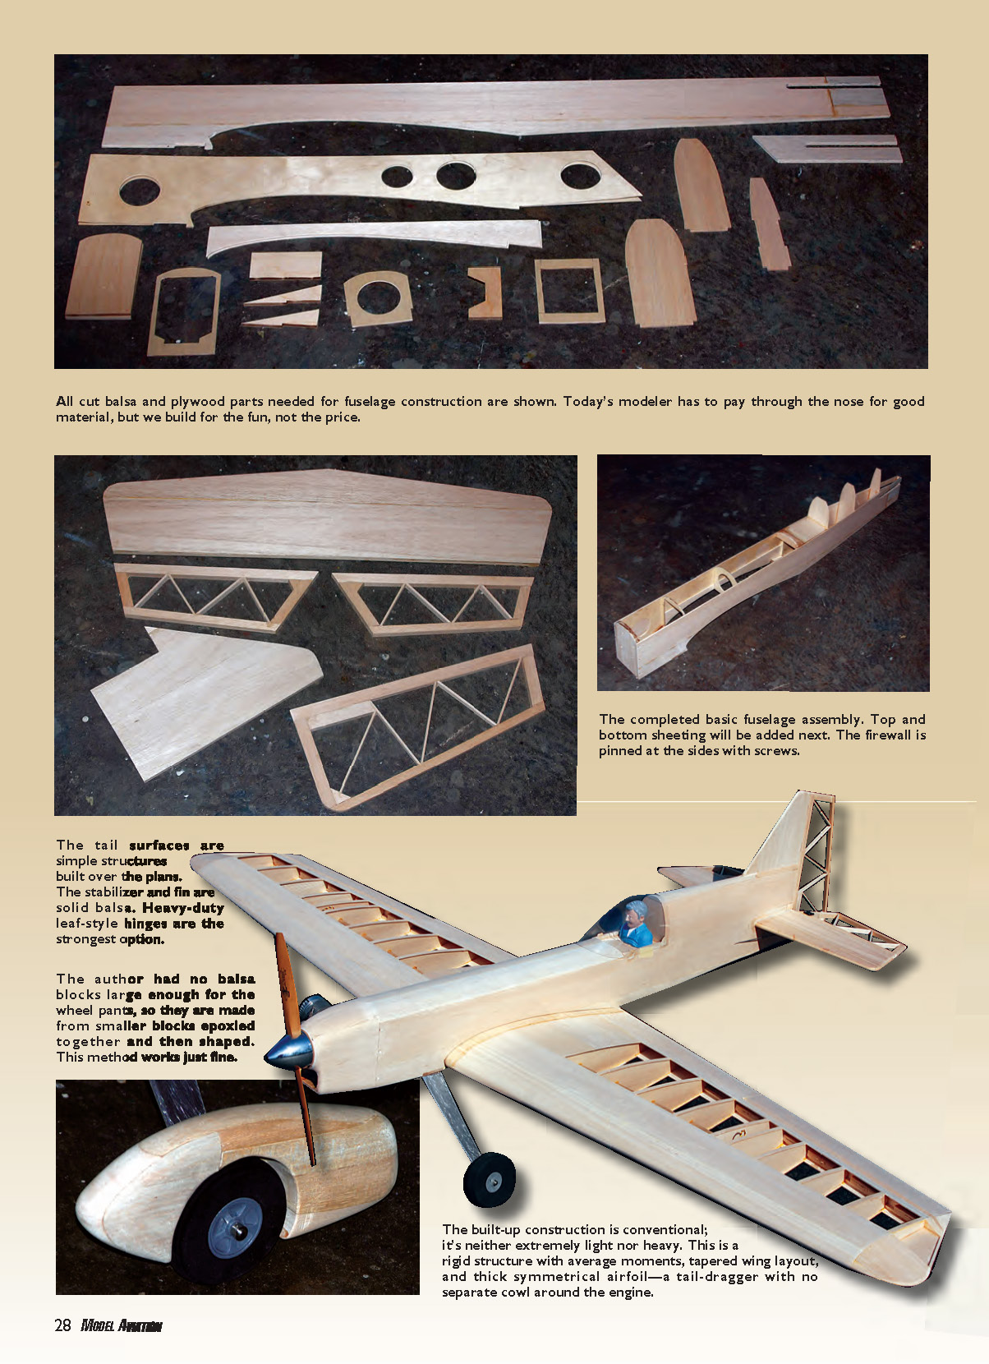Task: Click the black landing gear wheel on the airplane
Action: pyautogui.click(x=489, y=1179)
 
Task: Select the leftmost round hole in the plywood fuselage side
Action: pyautogui.click(x=140, y=191)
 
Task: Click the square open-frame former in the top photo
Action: pyautogui.click(x=570, y=290)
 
